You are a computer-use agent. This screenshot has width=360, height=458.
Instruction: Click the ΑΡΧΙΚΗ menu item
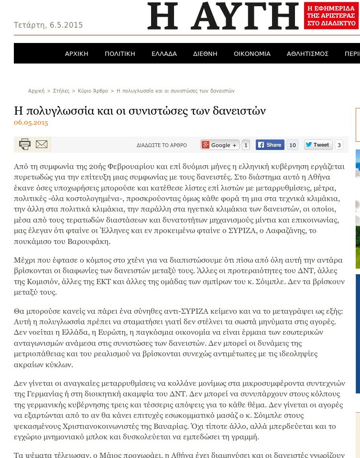[x=76, y=53]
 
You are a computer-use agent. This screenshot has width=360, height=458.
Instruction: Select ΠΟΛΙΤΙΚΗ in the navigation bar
[x=120, y=53]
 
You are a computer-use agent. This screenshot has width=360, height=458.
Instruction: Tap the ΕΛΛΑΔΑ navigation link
[x=164, y=53]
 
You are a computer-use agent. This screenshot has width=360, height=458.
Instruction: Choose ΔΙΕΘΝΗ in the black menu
[x=205, y=53]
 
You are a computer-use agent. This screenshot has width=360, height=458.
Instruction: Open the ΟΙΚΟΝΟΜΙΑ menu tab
[x=252, y=53]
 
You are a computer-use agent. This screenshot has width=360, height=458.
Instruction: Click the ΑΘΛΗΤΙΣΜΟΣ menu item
[x=307, y=53]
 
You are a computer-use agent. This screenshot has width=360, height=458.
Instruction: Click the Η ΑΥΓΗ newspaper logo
[x=223, y=16]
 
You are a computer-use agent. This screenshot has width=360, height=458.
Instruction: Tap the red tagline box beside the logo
[x=330, y=16]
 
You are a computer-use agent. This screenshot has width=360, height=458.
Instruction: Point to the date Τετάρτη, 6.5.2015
[x=48, y=25]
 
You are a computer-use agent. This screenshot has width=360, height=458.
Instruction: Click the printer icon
[x=25, y=144]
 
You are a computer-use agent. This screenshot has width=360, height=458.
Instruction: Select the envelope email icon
[x=42, y=144]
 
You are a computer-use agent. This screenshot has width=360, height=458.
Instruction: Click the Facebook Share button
[x=270, y=145]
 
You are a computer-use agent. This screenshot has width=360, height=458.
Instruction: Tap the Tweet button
[x=318, y=145]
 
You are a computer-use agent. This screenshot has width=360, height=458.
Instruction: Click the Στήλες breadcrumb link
[x=61, y=91]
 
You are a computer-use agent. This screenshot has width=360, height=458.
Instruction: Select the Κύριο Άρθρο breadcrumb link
[x=93, y=91]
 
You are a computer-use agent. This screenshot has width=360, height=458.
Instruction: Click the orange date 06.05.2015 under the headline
[x=31, y=123]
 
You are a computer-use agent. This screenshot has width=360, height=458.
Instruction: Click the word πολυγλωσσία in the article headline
[x=62, y=111]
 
